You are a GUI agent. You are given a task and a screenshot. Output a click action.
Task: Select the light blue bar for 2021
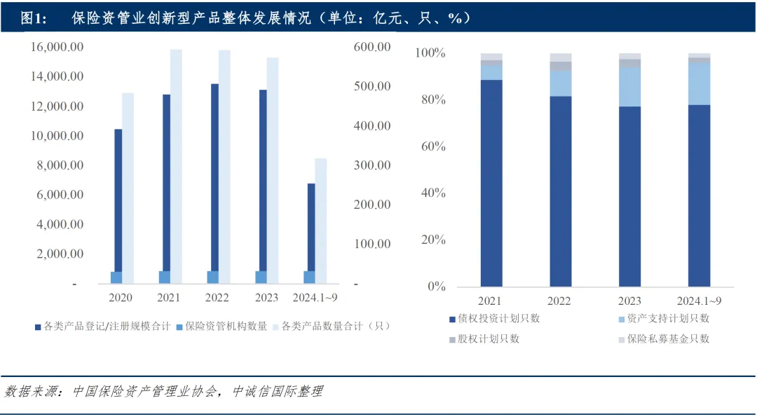[164, 277]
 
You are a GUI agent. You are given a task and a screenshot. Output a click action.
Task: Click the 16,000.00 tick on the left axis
[57, 47]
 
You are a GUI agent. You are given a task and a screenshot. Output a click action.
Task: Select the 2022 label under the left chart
[217, 298]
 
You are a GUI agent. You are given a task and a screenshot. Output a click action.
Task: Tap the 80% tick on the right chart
[430, 100]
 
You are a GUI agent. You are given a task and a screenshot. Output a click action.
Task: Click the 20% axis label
[430, 240]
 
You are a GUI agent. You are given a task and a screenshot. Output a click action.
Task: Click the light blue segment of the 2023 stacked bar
[629, 86]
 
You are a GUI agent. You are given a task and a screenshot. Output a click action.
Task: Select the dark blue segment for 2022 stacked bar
[560, 191]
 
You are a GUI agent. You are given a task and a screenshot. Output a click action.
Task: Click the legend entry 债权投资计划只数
[499, 319]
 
